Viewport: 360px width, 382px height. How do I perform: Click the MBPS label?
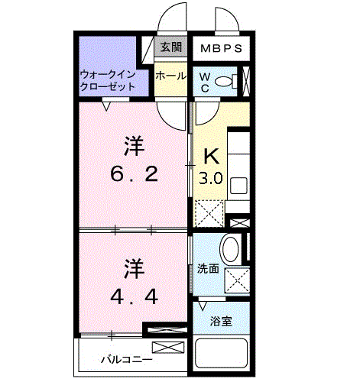pos(222,48)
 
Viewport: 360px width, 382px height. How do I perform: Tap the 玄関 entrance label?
pos(169,47)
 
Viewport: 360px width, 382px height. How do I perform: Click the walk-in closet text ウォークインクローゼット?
pos(109,81)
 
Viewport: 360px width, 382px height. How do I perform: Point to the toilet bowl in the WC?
pos(224,82)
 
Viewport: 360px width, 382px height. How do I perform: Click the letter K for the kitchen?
pos(211,157)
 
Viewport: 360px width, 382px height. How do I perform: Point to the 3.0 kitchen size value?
pos(211,180)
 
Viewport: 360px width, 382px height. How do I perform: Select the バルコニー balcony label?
pos(127,358)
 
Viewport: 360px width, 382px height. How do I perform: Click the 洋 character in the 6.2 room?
pos(135,144)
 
